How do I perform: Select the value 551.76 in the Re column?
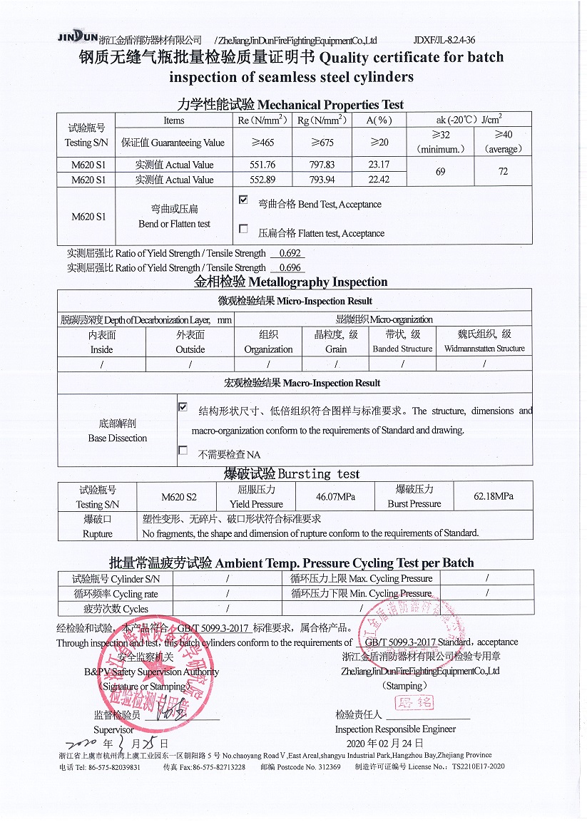262,165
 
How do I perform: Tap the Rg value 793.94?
317,180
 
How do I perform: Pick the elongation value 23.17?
379,165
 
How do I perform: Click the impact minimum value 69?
440,172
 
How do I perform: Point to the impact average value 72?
503,172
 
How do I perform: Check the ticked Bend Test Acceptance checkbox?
243,201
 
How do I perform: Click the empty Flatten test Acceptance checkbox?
243,230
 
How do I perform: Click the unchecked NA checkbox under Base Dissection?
183,451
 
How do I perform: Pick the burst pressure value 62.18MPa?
493,496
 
